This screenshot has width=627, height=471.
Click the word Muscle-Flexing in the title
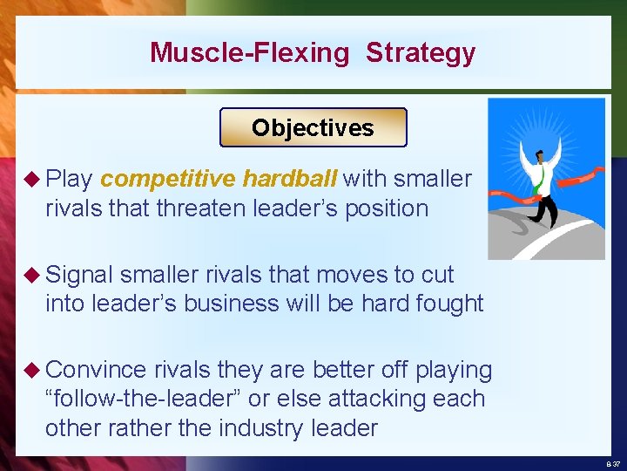(x=248, y=52)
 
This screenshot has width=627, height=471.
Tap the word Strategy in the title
(x=421, y=52)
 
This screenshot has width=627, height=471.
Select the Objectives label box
(x=313, y=127)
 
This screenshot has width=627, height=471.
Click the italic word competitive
(x=167, y=180)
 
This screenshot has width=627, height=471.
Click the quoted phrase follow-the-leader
(x=145, y=399)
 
